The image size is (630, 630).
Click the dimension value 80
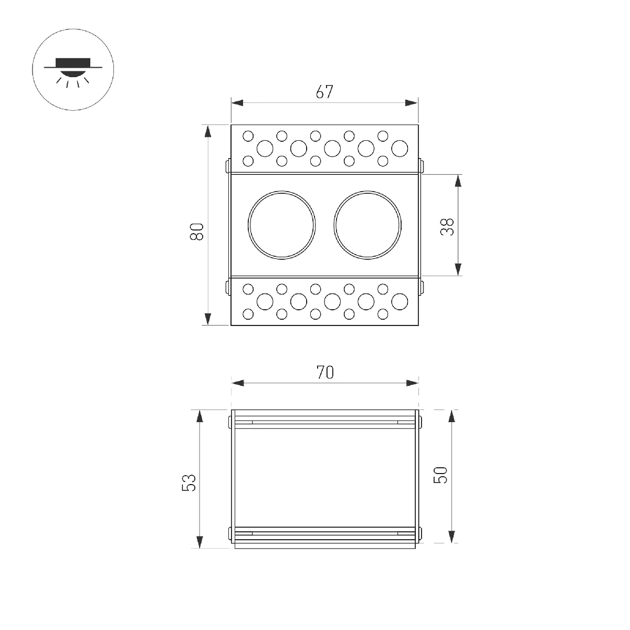point(197,232)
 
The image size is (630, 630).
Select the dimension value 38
point(447,227)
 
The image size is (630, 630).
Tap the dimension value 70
point(325,372)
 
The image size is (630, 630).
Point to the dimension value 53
point(188,482)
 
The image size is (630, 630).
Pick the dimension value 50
point(440,475)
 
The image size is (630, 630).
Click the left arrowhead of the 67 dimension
point(237,103)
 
